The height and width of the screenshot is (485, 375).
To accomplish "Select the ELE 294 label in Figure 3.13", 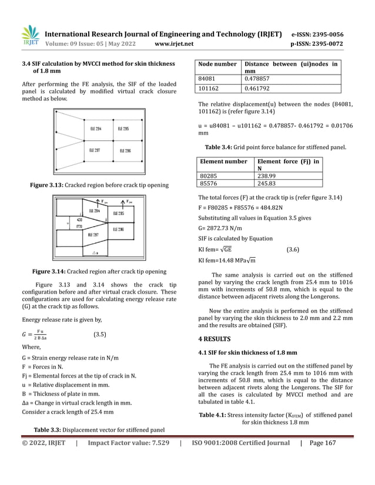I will [96, 128].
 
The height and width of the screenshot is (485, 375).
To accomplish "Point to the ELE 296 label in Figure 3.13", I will [126, 150].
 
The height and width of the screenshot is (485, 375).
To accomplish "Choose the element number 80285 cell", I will [212, 174].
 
